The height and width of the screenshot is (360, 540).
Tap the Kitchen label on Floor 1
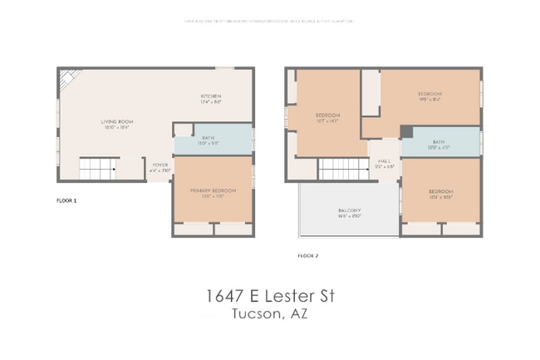point(210,96)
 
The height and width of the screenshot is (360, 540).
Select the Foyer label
point(159,165)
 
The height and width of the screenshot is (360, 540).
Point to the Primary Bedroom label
point(213,190)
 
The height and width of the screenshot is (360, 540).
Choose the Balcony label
point(349,210)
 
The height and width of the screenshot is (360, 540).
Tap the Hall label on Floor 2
point(384,161)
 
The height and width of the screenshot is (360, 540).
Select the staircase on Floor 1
point(98,170)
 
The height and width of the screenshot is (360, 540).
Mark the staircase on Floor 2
point(343,170)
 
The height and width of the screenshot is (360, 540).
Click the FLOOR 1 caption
point(66,200)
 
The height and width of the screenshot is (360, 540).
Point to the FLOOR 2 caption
point(307,255)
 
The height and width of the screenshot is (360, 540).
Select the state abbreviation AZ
point(300,313)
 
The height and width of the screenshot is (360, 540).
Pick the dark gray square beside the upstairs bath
point(406,132)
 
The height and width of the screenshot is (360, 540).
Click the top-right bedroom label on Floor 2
point(430,94)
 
